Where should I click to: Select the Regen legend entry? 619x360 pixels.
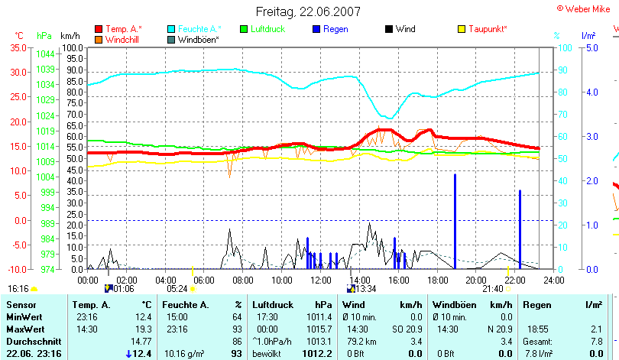[336, 29]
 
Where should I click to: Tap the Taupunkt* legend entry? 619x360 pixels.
[488, 29]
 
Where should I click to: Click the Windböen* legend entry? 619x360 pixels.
[197, 39]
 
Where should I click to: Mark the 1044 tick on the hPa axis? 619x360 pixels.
[45, 54]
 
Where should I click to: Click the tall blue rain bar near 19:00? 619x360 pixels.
[455, 222]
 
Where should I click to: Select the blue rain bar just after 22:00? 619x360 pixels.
[520, 229]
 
